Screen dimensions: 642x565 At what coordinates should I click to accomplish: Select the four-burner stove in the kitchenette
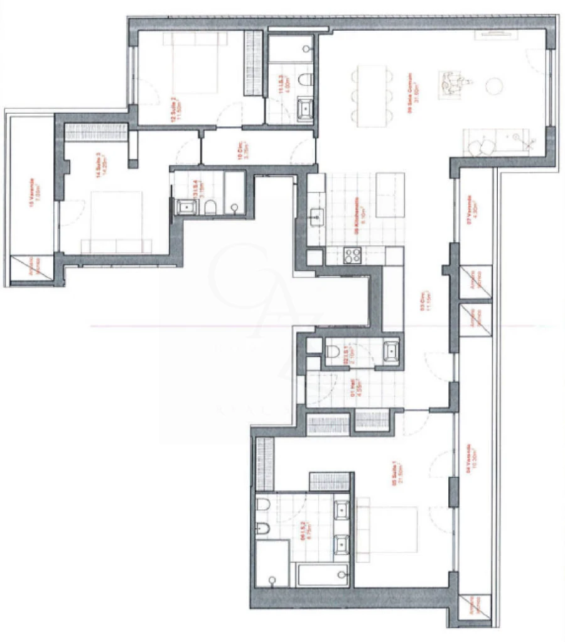click(x=352, y=255)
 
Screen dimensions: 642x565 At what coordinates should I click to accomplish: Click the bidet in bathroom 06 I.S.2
click(x=262, y=528)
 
